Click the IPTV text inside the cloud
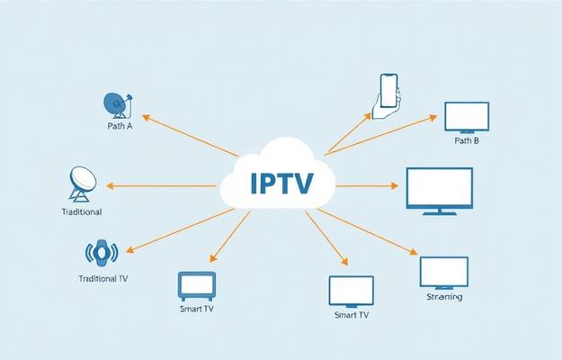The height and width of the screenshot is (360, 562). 281,184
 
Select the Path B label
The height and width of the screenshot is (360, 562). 467,141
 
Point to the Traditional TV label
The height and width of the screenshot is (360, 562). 100,279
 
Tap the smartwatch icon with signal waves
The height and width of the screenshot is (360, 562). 102,252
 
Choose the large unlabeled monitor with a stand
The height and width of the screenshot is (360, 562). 439,190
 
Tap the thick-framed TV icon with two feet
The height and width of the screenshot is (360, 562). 196,286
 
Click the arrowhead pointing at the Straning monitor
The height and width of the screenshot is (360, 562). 417,253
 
